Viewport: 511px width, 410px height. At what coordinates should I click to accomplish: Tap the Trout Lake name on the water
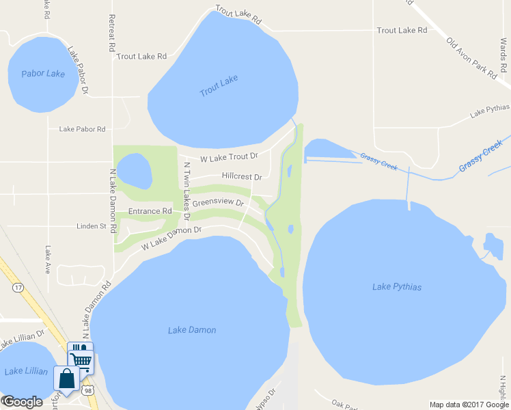coord(219,86)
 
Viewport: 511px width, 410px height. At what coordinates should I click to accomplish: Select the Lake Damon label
coord(192,330)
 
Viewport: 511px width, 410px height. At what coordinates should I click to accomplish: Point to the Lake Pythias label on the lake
coord(396,286)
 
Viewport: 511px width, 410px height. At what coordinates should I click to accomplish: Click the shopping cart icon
coord(81,359)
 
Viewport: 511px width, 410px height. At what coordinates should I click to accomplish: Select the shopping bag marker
coord(67,377)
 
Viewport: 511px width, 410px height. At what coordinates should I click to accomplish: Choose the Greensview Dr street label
coord(218,203)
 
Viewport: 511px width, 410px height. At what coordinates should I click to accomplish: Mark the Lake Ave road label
coord(48,260)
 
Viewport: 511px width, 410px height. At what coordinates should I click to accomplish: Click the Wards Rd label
coord(503,54)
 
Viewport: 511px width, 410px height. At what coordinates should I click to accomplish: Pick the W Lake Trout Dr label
coord(229,157)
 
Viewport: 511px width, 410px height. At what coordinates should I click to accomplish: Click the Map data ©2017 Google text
coord(468,405)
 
